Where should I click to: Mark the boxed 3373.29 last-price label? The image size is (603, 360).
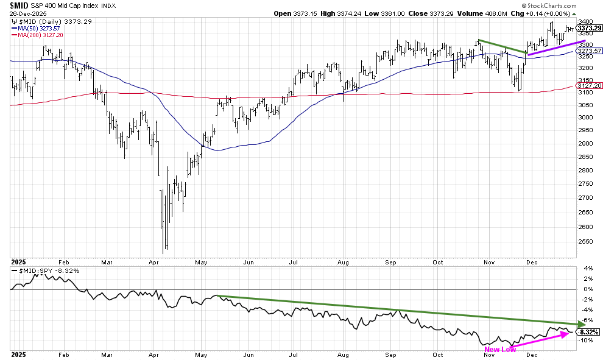click(x=588, y=27)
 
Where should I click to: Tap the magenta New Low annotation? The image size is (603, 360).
click(x=500, y=349)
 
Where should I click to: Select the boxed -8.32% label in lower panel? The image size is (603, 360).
click(x=588, y=332)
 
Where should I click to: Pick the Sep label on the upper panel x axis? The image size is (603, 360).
click(x=390, y=261)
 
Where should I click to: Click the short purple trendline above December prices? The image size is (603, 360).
click(x=552, y=48)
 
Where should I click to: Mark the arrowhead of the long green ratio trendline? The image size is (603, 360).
click(x=579, y=323)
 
